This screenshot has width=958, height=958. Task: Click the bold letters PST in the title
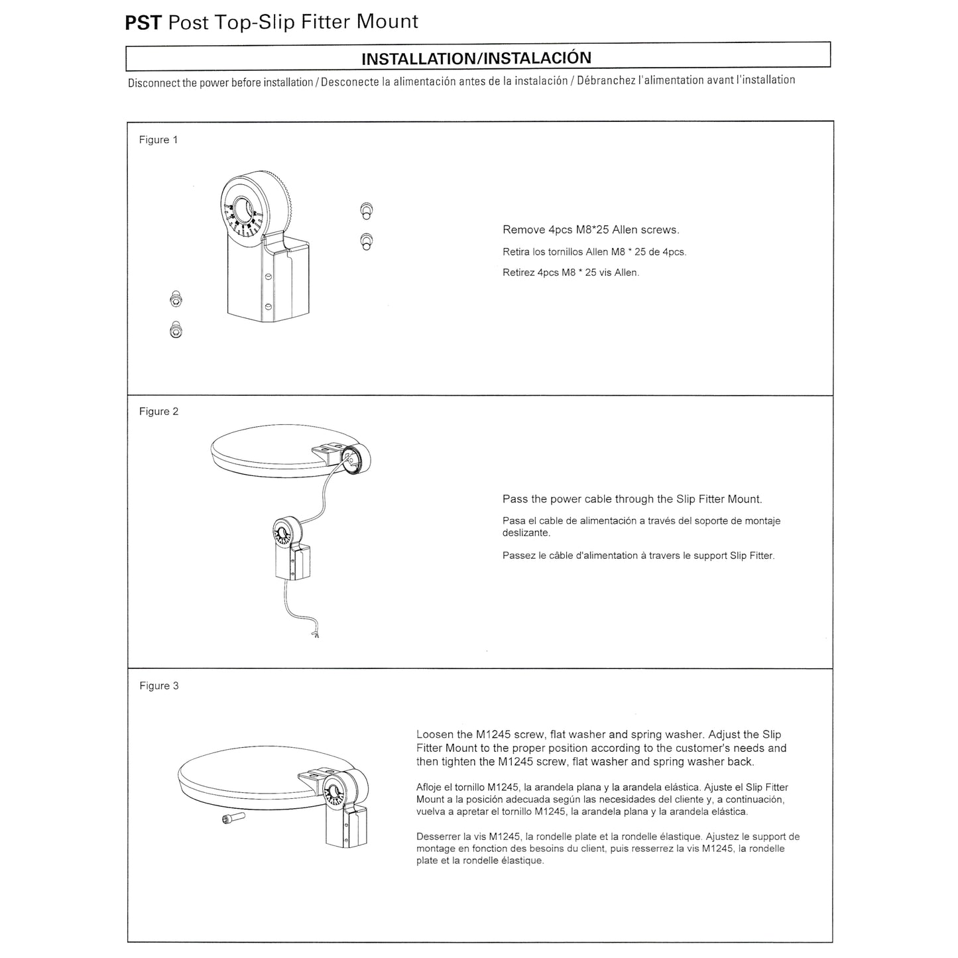pos(143,23)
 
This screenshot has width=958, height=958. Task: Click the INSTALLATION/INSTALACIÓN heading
pos(476,58)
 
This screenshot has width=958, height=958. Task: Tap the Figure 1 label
pos(158,140)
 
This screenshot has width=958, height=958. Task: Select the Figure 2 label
pos(158,411)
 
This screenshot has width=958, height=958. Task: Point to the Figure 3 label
pos(158,686)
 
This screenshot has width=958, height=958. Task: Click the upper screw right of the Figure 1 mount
pos(367,211)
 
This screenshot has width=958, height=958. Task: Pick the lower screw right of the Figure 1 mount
pos(367,241)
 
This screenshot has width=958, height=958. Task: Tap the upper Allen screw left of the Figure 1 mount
pos(176,299)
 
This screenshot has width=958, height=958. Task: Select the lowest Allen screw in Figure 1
pos(176,329)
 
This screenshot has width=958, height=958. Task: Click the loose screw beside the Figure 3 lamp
pos(233,817)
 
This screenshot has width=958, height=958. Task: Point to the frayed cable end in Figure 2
pos(314,634)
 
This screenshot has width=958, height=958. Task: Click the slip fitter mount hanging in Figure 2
pos(292,548)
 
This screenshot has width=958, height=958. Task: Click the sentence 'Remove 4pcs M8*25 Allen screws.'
pos(591,229)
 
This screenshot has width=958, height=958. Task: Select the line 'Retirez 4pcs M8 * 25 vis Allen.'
pos(571,272)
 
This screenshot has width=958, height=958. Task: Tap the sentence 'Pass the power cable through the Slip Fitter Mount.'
pos(632,499)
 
